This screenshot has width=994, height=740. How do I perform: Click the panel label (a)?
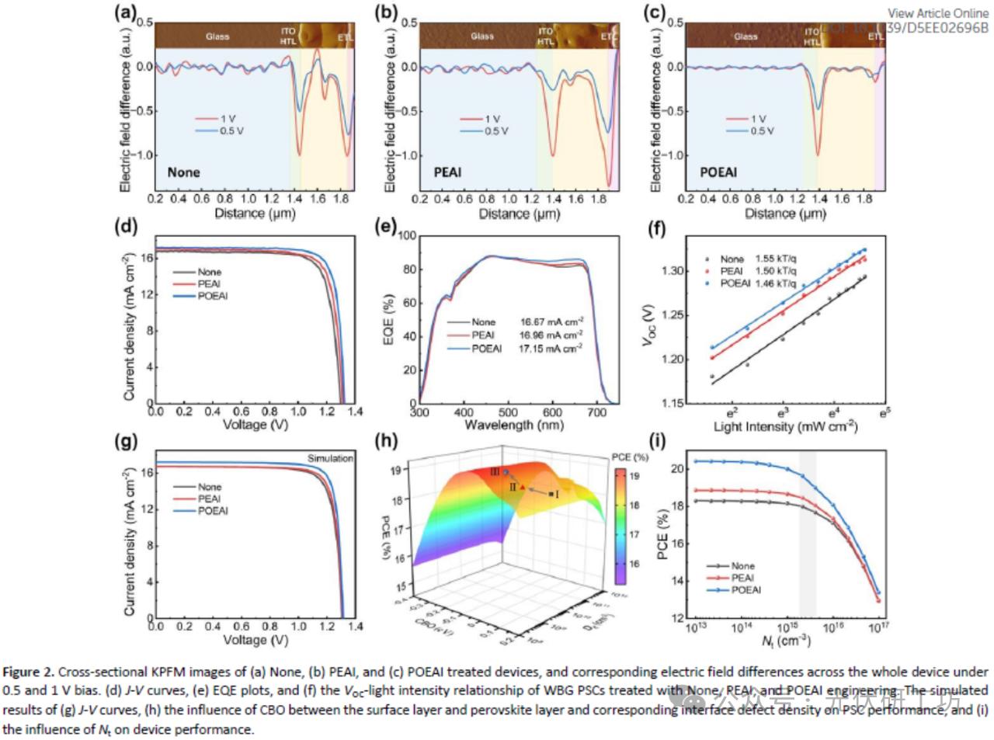(x=125, y=12)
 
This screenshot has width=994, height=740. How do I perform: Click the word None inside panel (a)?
(x=183, y=172)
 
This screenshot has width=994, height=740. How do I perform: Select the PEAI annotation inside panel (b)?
(x=447, y=172)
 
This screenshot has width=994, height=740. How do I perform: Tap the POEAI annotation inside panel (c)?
(x=718, y=172)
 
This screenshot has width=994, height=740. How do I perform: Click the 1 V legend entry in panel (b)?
(x=492, y=120)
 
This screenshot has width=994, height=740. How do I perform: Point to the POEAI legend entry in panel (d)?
(x=212, y=296)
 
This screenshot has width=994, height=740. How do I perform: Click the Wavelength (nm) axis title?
(x=513, y=425)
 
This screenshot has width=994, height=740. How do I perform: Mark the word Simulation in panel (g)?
(x=330, y=458)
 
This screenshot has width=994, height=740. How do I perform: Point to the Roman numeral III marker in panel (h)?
(x=495, y=471)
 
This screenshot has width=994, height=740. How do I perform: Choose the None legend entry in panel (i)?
(x=742, y=566)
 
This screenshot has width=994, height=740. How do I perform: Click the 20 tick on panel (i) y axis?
(x=677, y=469)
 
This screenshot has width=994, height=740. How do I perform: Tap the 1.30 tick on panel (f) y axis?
(x=673, y=271)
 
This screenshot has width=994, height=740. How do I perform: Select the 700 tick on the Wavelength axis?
(x=596, y=412)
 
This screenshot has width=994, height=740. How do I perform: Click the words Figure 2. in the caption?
(x=29, y=672)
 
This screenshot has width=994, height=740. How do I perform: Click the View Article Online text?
(x=938, y=13)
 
